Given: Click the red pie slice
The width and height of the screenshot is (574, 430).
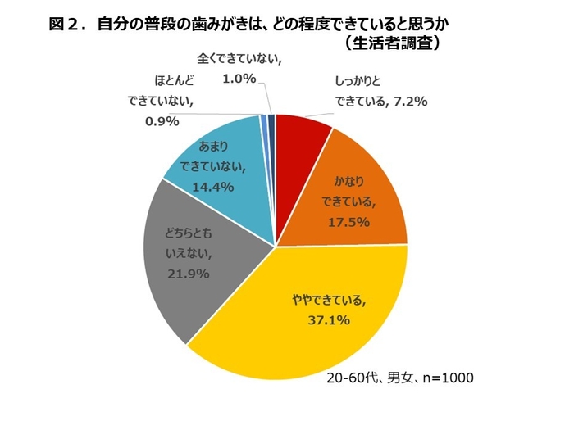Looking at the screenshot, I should click(299, 143).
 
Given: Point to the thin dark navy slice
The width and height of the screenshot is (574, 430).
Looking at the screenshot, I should click(271, 123).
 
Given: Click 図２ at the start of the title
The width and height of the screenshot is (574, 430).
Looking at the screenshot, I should click(64, 25).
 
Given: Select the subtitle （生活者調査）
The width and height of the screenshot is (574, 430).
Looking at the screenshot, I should click(393, 43).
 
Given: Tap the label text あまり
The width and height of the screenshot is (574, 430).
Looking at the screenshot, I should click(215, 147).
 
